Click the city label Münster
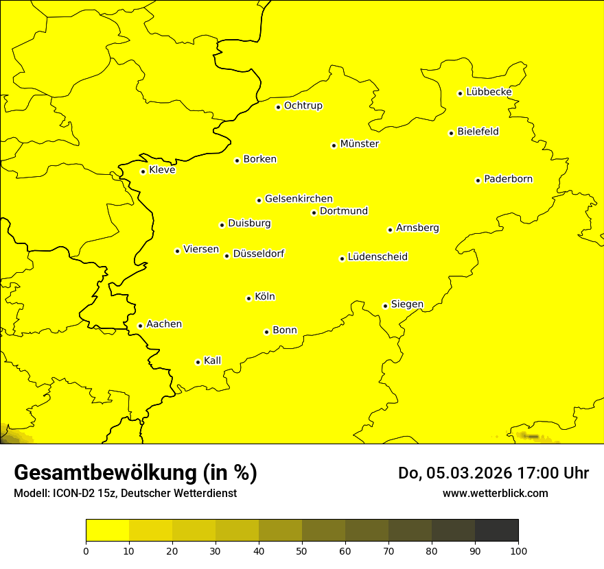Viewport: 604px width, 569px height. (x=359, y=144)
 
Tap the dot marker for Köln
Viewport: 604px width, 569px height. (x=248, y=298)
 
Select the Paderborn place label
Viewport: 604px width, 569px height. (x=508, y=179)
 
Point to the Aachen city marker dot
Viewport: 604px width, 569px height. (x=140, y=326)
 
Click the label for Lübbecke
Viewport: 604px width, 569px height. (x=489, y=92)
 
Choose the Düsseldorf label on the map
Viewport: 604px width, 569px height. (x=258, y=254)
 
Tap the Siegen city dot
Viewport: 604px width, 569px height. (x=385, y=306)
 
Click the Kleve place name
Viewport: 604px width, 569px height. (x=162, y=169)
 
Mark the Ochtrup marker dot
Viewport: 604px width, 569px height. (x=278, y=107)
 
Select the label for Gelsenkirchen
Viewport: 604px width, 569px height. (x=299, y=199)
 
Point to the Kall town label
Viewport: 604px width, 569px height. (x=212, y=361)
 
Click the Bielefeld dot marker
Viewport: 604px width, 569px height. (x=451, y=133)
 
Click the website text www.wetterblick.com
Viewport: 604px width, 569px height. (x=495, y=493)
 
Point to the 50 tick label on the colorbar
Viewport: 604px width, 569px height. (x=302, y=550)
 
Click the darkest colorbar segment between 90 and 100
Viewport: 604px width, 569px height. (x=496, y=530)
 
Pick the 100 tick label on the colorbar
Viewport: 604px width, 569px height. (x=518, y=550)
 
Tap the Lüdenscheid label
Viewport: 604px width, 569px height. (x=377, y=257)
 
